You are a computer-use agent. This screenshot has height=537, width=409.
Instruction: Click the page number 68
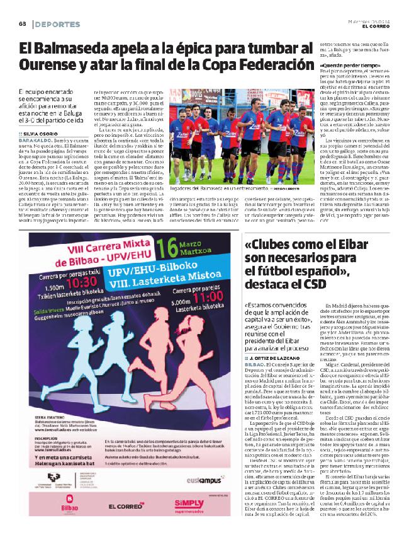pyautogui.click(x=21, y=24)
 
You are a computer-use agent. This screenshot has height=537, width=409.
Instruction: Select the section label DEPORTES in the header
pyautogui.click(x=59, y=24)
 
